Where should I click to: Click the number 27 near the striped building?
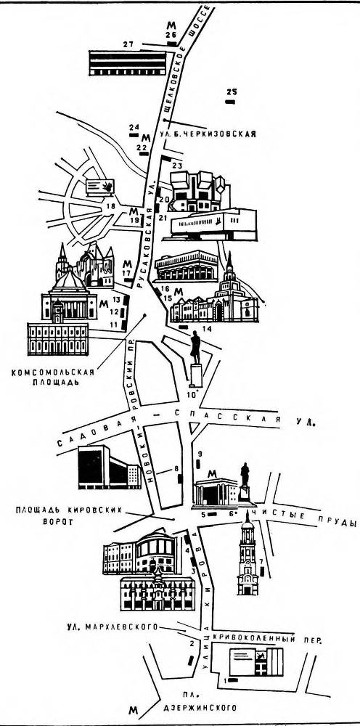tap(128, 45)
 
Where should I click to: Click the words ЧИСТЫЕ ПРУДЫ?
tap(308, 517)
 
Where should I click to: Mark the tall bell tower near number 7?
tap(248, 552)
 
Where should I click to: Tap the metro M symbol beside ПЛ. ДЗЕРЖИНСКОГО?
tap(132, 709)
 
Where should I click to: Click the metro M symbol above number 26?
tap(171, 24)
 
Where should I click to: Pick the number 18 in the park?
tap(111, 206)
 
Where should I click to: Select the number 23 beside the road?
tap(176, 166)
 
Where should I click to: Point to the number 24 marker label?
tap(134, 128)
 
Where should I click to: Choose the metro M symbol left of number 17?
tap(128, 263)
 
